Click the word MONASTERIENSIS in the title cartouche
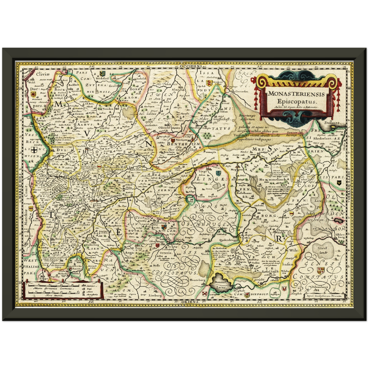296,94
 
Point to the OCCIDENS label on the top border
191,66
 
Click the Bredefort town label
102,79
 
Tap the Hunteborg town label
197,280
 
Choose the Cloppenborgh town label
282,232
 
